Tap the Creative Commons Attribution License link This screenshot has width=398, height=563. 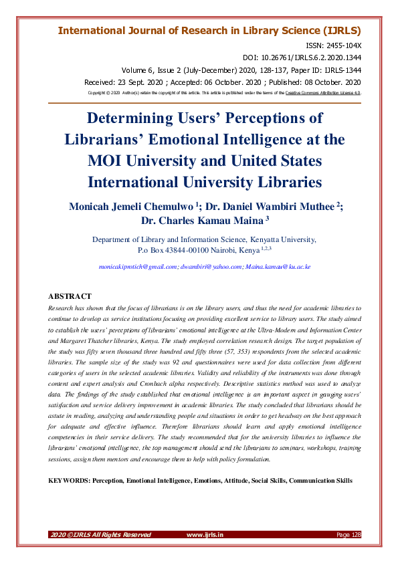tap(323, 93)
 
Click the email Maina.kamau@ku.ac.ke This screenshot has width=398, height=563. tap(269, 267)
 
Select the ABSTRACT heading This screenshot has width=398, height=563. tap(70, 296)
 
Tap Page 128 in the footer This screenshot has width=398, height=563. tap(349, 534)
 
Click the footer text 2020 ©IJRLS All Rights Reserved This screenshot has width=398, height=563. tap(100, 534)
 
